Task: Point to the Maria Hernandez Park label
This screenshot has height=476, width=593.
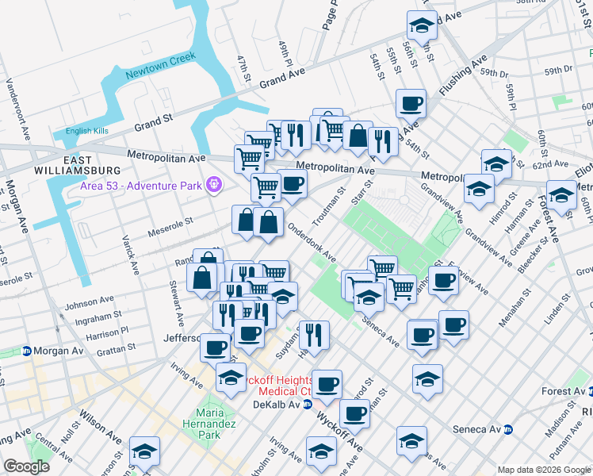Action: tap(208, 424)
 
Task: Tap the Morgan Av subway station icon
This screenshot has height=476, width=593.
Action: tap(26, 351)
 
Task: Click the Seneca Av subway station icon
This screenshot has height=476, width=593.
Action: tap(508, 429)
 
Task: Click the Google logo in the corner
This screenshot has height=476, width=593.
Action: tap(26, 467)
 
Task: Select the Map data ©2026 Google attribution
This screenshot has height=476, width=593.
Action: tap(544, 470)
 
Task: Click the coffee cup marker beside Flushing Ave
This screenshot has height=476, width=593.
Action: tap(411, 103)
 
